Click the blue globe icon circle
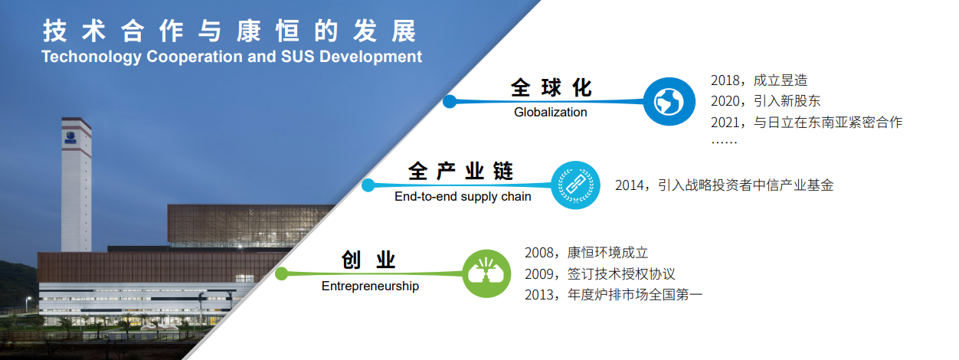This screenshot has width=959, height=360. (669, 101)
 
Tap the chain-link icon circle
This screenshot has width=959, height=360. (575, 185)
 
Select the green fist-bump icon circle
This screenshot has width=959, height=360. (487, 273)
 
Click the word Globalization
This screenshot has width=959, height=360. (551, 112)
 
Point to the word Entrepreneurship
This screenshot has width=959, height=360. (370, 286)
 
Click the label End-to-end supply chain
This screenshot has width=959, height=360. (463, 197)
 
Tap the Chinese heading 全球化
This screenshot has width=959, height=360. (552, 88)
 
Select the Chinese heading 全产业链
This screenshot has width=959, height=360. (460, 172)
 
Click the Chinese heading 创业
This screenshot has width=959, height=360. (368, 260)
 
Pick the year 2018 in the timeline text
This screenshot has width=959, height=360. (725, 80)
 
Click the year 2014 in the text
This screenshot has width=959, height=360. (630, 185)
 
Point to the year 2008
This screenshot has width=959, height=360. (539, 253)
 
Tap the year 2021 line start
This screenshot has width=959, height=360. (725, 123)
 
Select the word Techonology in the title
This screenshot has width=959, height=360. (91, 57)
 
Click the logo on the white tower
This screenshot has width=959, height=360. (70, 137)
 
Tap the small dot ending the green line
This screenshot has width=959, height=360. (282, 273)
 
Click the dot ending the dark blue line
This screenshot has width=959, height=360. (450, 101)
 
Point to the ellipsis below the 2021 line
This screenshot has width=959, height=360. (724, 142)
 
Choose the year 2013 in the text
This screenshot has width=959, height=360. (539, 295)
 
